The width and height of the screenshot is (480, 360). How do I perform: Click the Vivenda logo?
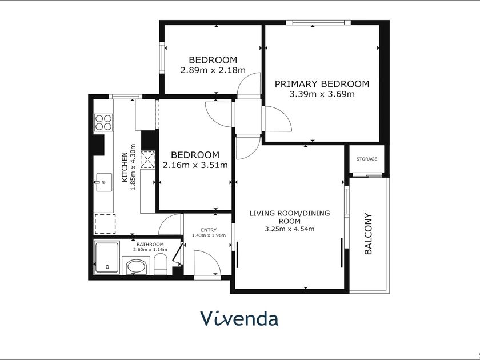(239, 318)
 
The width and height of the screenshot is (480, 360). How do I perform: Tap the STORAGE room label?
(366, 159)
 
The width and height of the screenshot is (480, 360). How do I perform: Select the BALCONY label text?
(368, 234)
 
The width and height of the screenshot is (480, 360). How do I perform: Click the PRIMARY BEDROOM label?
(322, 83)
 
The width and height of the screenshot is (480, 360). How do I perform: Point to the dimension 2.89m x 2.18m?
(213, 70)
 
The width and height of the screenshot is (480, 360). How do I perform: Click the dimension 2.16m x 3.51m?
(195, 165)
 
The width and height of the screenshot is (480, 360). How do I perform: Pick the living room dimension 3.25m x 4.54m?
(290, 229)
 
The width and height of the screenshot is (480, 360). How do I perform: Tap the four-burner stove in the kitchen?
(103, 122)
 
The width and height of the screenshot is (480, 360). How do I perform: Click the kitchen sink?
(104, 182)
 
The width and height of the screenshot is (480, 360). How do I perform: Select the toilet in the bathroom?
(160, 265)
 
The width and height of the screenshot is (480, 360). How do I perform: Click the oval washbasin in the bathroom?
(136, 267)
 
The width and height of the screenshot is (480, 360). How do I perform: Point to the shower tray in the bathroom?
(107, 258)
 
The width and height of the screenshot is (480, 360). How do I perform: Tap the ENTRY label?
(209, 230)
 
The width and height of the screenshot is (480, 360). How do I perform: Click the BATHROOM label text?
(150, 245)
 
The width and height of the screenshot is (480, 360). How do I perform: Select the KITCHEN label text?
(125, 167)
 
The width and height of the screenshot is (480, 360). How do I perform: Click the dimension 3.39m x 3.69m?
(322, 94)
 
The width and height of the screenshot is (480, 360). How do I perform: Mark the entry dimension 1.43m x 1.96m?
(209, 235)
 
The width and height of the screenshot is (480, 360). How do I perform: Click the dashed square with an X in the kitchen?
(147, 159)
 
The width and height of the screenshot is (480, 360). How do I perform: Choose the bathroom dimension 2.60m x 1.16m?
(150, 250)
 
